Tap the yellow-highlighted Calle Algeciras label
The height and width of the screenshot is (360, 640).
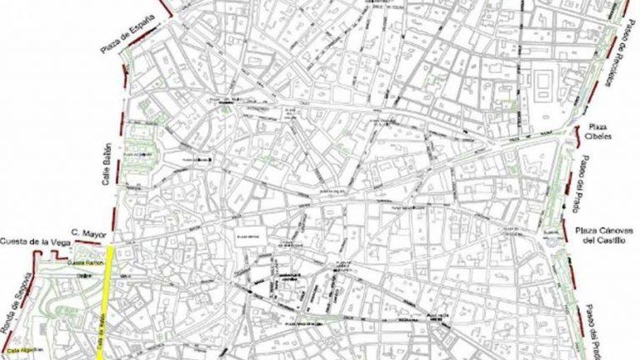(x=19, y=351)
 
